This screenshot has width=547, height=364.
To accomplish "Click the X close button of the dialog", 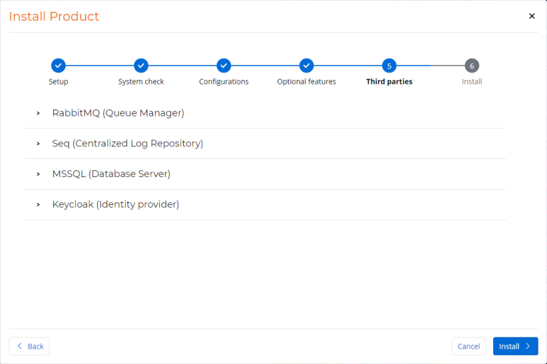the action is point(532,16).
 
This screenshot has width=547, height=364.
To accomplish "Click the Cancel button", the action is point(469,347).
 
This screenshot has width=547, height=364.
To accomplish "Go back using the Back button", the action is point(29,347).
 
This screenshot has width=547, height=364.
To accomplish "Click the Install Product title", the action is point(54,16).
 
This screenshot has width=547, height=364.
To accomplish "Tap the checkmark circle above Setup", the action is point(58,66).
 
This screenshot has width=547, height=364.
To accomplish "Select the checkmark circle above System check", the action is point(141,66).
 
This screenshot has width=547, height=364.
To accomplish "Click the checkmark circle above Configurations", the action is point(224,66).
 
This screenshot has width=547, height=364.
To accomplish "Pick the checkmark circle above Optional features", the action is point(306,66).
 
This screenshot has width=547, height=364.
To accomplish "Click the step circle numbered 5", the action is point(389,66).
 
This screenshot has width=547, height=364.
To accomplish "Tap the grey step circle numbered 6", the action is point(472,66).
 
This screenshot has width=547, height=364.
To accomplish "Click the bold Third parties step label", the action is point(389,82).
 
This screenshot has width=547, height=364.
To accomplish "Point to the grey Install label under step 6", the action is point(472,82).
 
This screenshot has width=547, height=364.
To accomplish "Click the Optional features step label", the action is point(306,82).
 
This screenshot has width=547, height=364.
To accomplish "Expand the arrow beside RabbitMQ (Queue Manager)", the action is point(38,113).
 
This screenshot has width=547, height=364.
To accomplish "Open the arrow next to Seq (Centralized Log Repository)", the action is point(38,144).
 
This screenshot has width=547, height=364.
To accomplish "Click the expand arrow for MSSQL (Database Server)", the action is point(38,174).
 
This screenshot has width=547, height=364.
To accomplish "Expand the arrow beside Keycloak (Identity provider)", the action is point(38,204).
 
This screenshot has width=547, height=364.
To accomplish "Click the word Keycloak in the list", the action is point(73,204).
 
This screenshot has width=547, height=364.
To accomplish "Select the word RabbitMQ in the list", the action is point(76,113).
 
